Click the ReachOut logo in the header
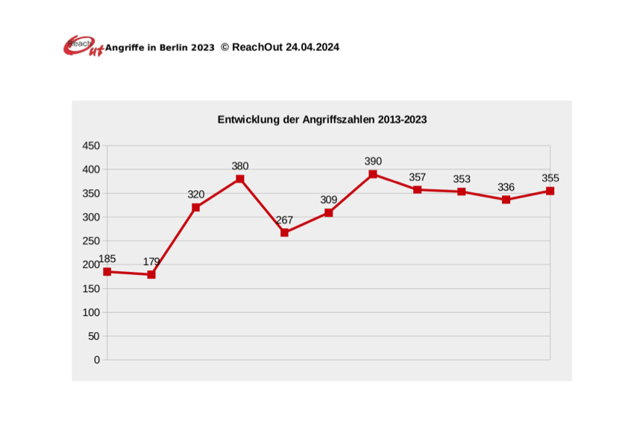click(83, 46)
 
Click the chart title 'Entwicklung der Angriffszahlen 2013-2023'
click(321, 119)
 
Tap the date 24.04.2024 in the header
click(313, 47)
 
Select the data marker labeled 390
click(373, 174)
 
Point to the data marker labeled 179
click(151, 274)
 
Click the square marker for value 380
click(240, 179)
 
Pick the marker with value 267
click(284, 232)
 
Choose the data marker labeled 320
click(195, 207)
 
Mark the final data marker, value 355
click(550, 191)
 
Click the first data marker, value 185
click(107, 272)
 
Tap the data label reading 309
click(328, 200)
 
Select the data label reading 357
click(417, 177)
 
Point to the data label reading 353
click(462, 179)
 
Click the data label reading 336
click(506, 187)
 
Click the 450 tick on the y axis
click(91, 146)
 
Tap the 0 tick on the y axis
click(96, 360)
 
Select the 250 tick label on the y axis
click(91, 241)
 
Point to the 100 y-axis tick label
click(91, 312)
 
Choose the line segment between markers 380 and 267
click(262, 206)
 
